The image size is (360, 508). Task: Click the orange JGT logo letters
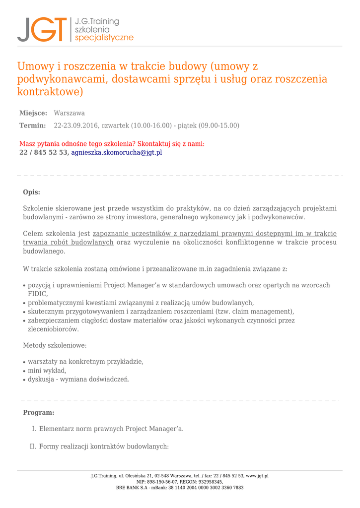tap(42, 29)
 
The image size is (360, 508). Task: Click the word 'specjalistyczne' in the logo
tap(104, 38)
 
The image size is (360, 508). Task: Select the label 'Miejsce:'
tap(33, 113)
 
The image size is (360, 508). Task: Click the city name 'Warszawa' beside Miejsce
tap(69, 113)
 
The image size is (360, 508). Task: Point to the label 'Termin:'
tap(32, 126)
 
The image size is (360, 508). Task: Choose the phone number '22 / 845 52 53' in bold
tap(43, 152)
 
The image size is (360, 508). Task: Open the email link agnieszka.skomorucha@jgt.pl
tap(117, 152)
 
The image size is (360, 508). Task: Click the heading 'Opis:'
tap(31, 192)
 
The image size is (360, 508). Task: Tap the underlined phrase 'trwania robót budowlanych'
tap(68, 242)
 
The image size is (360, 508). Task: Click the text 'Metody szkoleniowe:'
tap(55, 345)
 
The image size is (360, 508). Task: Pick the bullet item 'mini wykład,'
tap(47, 371)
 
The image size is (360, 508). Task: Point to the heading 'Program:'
tap(38, 412)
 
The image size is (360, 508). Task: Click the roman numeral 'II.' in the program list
tap(32, 446)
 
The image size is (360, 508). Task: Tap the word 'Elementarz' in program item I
tap(57, 429)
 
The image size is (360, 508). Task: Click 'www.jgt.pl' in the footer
tap(257, 476)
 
